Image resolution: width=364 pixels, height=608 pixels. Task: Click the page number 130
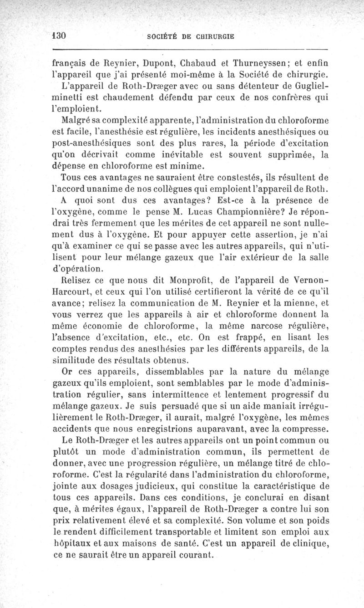[60, 36]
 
